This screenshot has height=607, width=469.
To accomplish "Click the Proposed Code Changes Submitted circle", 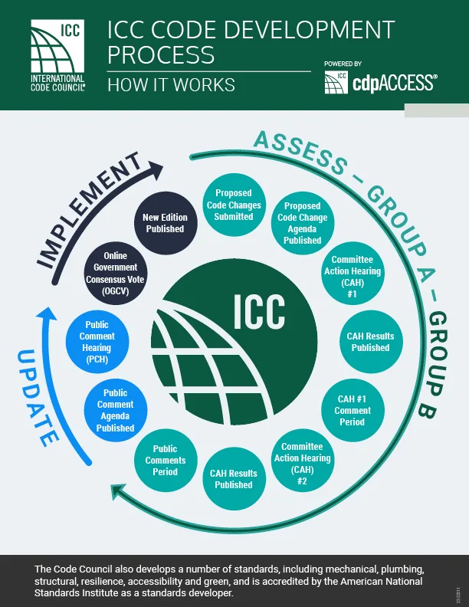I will pyautogui.click(x=234, y=205).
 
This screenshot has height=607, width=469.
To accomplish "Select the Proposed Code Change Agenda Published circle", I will pyautogui.click(x=302, y=223).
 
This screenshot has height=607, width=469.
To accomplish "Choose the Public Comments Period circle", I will pyautogui.click(x=166, y=461).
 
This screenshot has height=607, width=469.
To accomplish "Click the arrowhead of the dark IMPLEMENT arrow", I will pyautogui.click(x=157, y=168).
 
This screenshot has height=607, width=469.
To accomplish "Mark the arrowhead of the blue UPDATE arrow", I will pyautogui.click(x=48, y=315).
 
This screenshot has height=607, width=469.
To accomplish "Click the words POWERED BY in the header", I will pyautogui.click(x=343, y=64).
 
